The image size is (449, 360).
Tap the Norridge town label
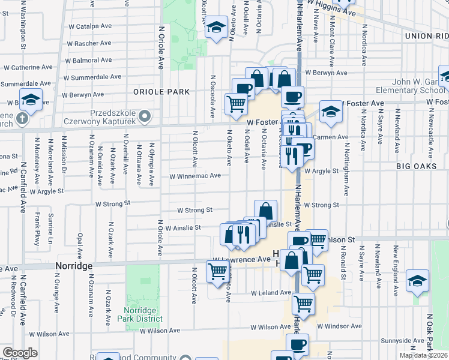[x=74, y=265]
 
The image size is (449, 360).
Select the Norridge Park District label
[x=139, y=314]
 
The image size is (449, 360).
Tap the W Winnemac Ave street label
[x=195, y=176]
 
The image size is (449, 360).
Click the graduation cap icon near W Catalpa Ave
[x=215, y=28]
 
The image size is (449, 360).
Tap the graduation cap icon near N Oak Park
[x=417, y=281]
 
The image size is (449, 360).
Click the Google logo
[x=20, y=353]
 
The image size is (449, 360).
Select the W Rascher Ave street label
[x=90, y=44]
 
